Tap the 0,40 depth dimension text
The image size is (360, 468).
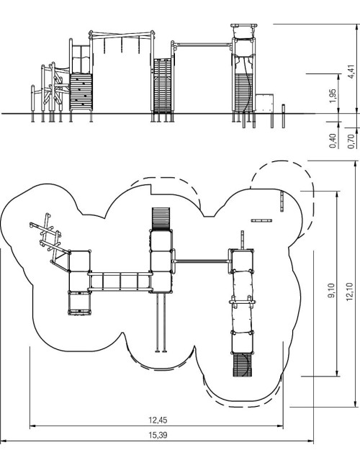point(333,141)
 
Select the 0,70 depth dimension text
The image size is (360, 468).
point(351,141)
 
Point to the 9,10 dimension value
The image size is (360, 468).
point(331,290)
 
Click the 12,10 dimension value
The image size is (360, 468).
point(349,292)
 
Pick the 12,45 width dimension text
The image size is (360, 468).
point(158,420)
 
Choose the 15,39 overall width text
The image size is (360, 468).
point(158,435)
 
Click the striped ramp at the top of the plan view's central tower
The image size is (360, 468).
point(161,218)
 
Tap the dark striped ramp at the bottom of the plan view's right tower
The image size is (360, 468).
point(243,365)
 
